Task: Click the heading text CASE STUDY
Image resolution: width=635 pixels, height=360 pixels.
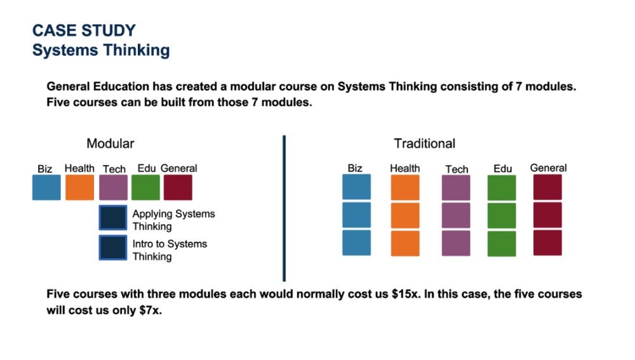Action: pyautogui.click(x=84, y=30)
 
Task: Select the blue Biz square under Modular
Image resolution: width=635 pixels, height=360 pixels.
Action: pyautogui.click(x=46, y=187)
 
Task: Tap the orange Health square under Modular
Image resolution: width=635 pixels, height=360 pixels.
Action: pyautogui.click(x=79, y=187)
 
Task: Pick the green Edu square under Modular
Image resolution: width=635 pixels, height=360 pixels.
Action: pyautogui.click(x=145, y=187)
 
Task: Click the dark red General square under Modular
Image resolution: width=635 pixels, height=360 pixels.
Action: pyautogui.click(x=178, y=187)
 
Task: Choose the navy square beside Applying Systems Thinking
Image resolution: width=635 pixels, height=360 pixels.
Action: pyautogui.click(x=113, y=218)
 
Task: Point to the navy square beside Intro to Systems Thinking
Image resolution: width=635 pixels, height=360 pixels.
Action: pyautogui.click(x=113, y=248)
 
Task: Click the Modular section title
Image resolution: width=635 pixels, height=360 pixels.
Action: pyautogui.click(x=110, y=143)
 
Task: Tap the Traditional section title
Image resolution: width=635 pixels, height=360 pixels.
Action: pyautogui.click(x=424, y=143)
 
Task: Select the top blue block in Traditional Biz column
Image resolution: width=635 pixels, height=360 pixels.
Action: pyautogui.click(x=356, y=187)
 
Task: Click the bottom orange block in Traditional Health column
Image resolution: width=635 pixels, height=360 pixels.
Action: pyautogui.click(x=405, y=243)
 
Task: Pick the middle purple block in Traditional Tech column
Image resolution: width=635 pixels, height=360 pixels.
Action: pyautogui.click(x=456, y=215)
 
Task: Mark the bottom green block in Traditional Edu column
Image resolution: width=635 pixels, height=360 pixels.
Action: pyautogui.click(x=502, y=243)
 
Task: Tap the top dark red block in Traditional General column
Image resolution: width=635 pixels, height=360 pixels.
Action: pyautogui.click(x=547, y=187)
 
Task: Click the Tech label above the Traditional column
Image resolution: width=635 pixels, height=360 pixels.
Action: pyautogui.click(x=457, y=169)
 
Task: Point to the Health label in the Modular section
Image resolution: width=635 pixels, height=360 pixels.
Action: pyautogui.click(x=79, y=168)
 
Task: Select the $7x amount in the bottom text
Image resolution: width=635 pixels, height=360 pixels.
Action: pyautogui.click(x=150, y=312)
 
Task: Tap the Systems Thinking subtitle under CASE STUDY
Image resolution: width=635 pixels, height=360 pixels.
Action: pyautogui.click(x=101, y=51)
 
